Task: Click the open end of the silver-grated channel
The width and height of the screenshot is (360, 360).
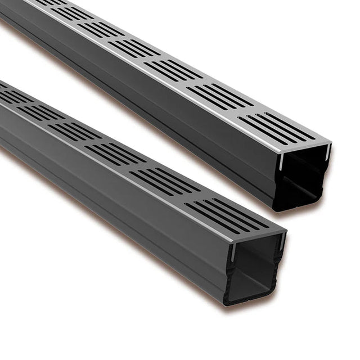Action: click(304, 177)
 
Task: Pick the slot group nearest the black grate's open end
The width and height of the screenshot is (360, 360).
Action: click(227, 214)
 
